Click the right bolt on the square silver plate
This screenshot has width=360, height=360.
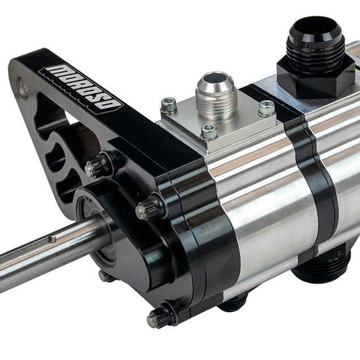[267, 107]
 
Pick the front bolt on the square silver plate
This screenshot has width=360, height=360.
[209, 131]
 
